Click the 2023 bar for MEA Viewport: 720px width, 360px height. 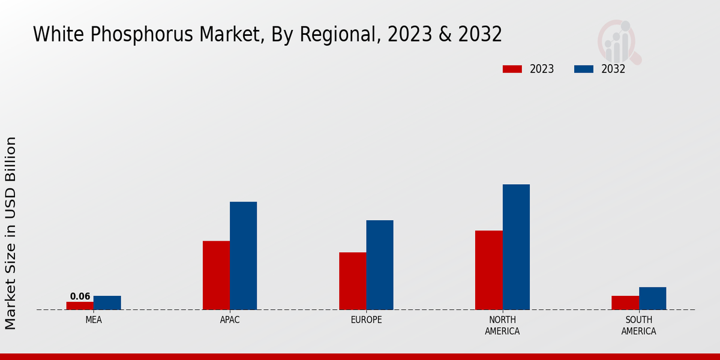(x=80, y=305)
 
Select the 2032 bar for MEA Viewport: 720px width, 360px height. (x=107, y=302)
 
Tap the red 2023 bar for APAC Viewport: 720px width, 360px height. (x=216, y=275)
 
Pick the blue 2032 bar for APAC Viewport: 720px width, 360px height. (x=243, y=256)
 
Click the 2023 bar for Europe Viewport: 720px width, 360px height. (x=352, y=281)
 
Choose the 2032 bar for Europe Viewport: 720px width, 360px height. (x=380, y=265)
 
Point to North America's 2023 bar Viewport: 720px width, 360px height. (x=488, y=270)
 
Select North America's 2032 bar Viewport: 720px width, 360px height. (x=516, y=247)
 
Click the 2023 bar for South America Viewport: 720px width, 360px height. (x=625, y=302)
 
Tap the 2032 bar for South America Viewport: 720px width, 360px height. (x=652, y=298)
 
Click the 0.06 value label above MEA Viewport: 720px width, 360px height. (x=80, y=296)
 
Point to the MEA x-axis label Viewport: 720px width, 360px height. (x=94, y=320)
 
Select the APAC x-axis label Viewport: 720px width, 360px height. (x=230, y=320)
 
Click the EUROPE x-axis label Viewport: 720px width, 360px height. (x=366, y=320)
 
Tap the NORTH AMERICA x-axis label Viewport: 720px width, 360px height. (x=502, y=325)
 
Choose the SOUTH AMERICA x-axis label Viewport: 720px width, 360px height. (x=638, y=325)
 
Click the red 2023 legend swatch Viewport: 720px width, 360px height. (x=512, y=69)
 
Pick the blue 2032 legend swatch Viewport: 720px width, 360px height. (x=584, y=69)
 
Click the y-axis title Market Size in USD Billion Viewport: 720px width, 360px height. (x=11, y=233)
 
